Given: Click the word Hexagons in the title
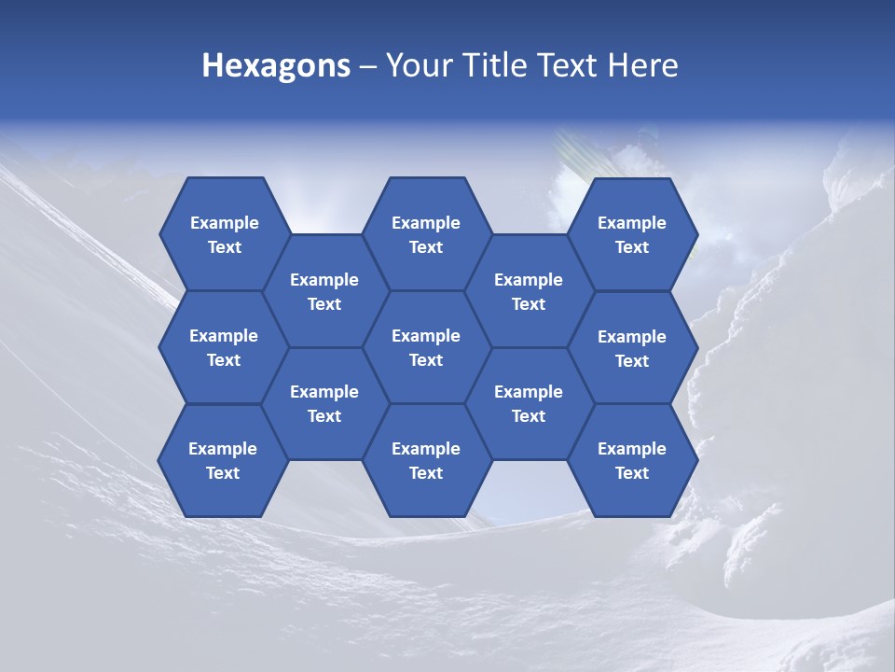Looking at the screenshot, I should [276, 65].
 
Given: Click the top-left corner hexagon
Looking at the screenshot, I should [224, 234].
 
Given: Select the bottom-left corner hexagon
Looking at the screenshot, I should [223, 460].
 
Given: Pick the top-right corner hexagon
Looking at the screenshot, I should [632, 234].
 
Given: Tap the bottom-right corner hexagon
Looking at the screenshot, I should [632, 460].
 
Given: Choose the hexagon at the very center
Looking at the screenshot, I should [426, 347].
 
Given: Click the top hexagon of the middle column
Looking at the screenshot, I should [426, 234].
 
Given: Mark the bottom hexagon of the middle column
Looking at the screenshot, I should [426, 460].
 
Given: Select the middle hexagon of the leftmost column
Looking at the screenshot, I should [224, 347].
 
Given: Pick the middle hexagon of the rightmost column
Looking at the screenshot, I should [632, 348].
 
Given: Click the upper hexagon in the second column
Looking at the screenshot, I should [324, 291].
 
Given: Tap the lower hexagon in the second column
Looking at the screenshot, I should [324, 403].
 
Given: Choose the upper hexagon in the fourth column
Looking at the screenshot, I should [529, 291].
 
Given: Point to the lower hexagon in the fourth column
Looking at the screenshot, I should [529, 403].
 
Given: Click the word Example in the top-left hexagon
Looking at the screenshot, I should [225, 223].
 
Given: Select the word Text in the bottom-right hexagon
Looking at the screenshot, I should [632, 473].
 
